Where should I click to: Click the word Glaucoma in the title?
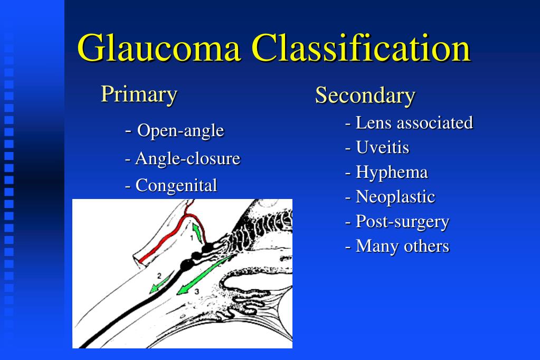[159, 48]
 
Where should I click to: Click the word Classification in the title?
[361, 48]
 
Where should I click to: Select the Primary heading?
[139, 94]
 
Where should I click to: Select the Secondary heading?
[365, 96]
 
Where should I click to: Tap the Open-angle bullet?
[175, 131]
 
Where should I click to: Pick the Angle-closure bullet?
[183, 159]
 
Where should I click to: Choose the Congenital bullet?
[171, 185]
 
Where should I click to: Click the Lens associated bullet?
[409, 122]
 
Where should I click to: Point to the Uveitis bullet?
[377, 147]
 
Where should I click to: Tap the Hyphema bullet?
[386, 172]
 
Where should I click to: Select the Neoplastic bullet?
[390, 197]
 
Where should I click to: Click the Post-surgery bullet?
[397, 222]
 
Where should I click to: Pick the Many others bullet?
[397, 246]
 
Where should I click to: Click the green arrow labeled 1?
[197, 233]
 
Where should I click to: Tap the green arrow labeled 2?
[161, 282]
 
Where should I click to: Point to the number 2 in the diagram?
[159, 276]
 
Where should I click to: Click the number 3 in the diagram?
[197, 291]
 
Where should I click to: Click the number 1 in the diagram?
[192, 238]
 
